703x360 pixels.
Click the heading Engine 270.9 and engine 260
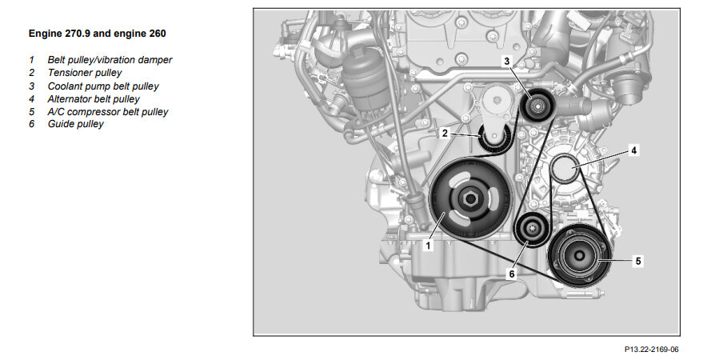[x=98, y=34]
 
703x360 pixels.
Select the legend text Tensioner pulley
[x=85, y=73]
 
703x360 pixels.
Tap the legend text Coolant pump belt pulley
[x=103, y=86]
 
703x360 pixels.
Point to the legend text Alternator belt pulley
[x=94, y=99]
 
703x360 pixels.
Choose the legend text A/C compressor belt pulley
[x=108, y=112]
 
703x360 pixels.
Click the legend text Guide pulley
[x=76, y=124]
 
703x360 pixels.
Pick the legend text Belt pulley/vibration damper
[x=110, y=60]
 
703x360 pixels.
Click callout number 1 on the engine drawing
[x=428, y=246]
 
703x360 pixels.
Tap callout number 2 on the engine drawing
[x=445, y=133]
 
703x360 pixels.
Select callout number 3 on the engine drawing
[x=506, y=61]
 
